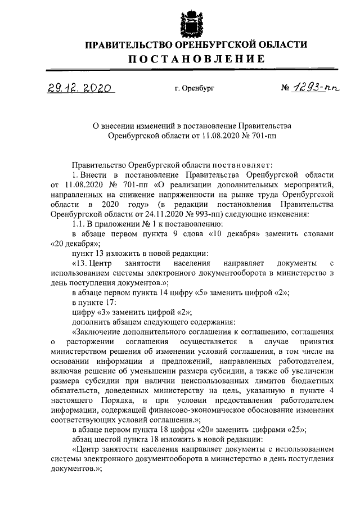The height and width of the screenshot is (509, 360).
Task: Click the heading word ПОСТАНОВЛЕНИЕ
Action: pyautogui.click(x=195, y=59)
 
